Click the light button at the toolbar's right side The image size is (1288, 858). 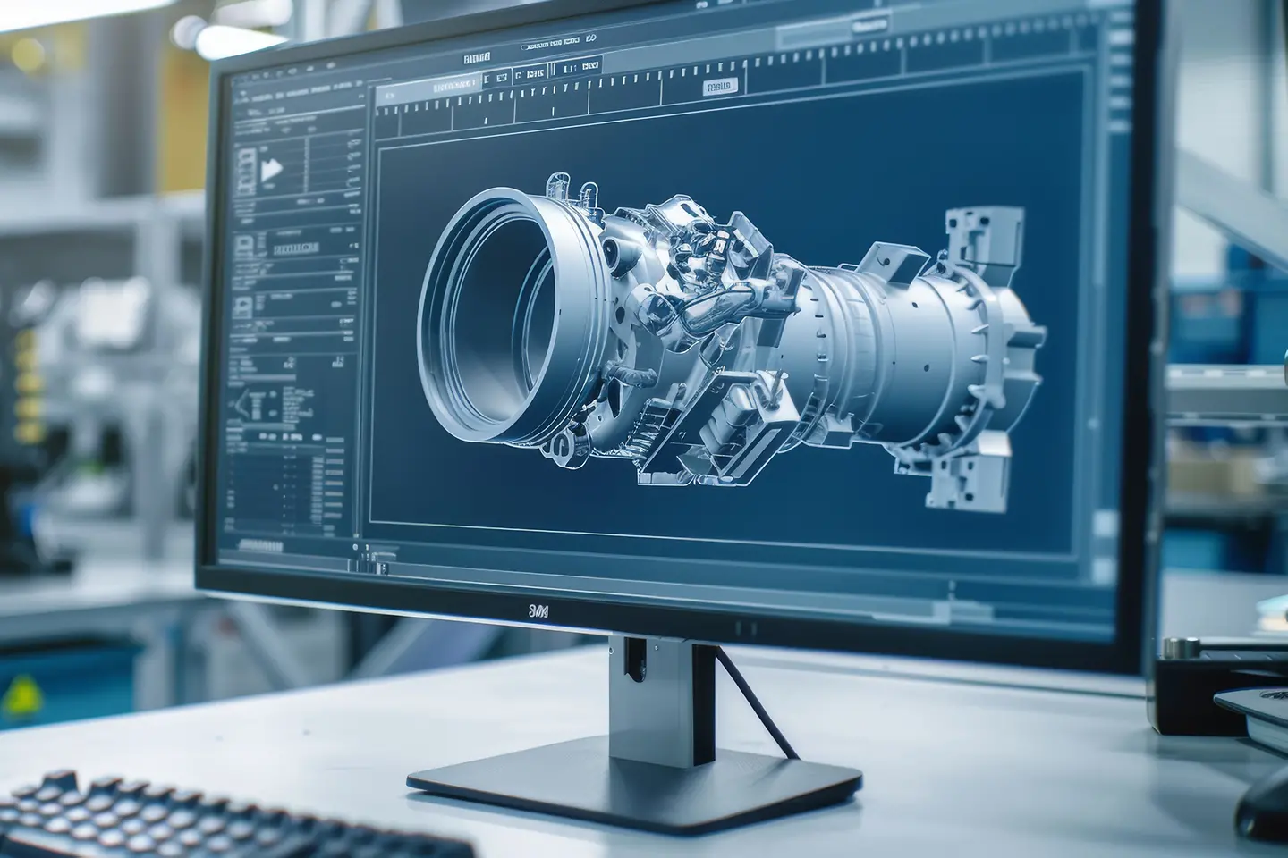717,86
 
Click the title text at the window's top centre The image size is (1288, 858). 478,58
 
